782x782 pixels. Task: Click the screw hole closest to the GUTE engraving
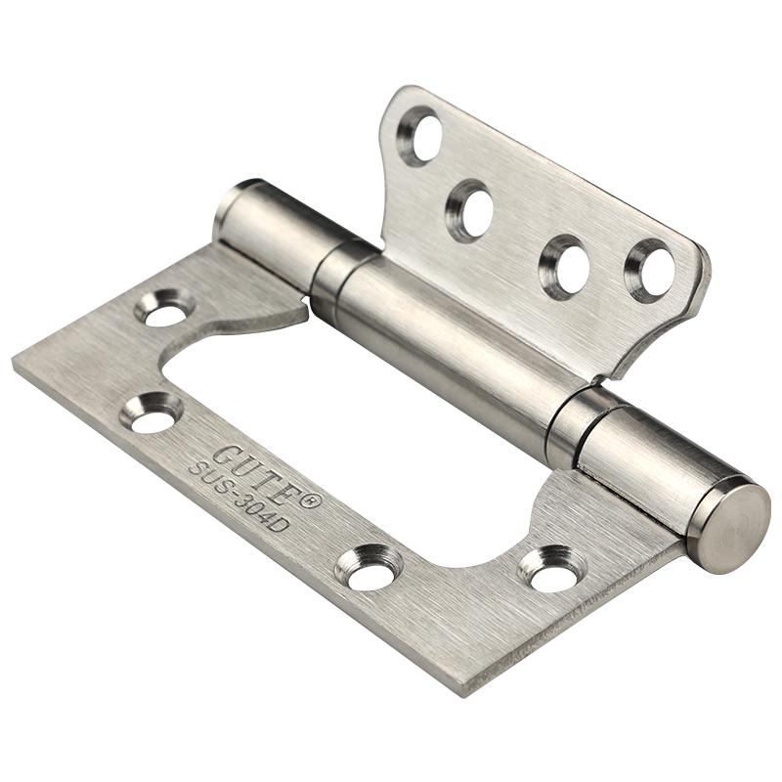coord(152,412)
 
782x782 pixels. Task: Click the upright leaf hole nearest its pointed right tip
coord(652,269)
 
